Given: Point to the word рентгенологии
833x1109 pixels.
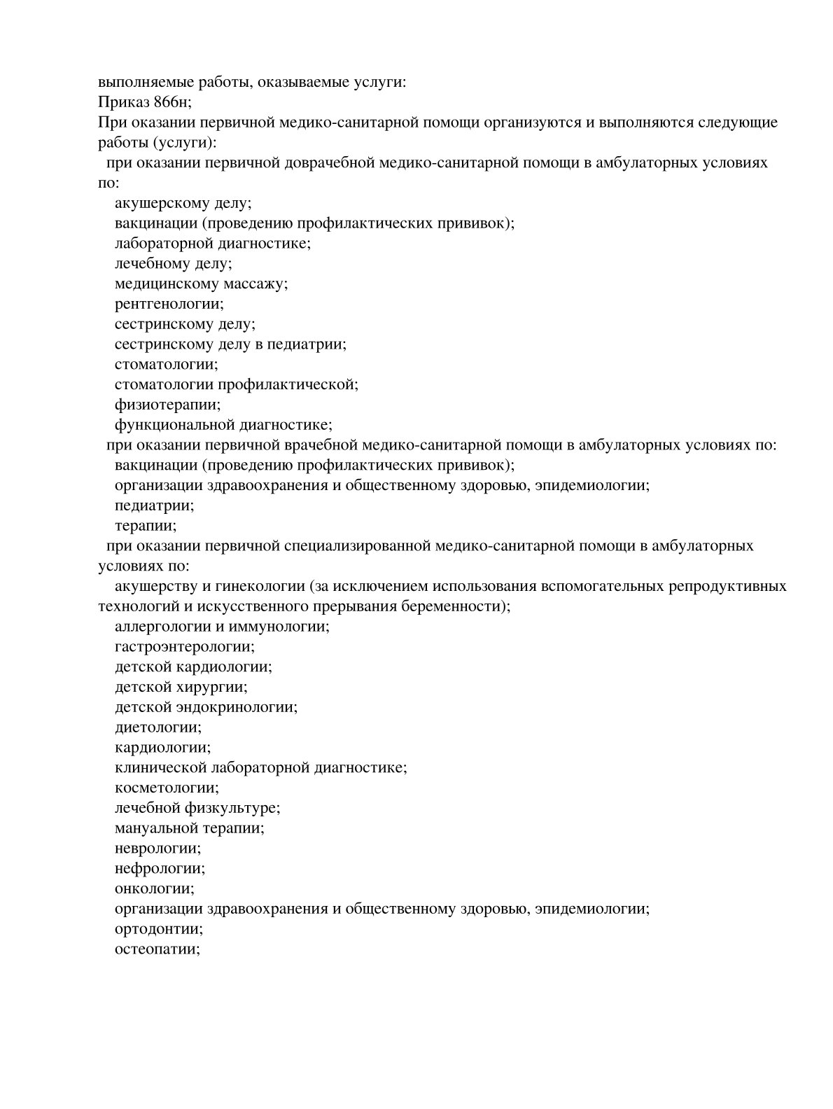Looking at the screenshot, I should (x=169, y=305).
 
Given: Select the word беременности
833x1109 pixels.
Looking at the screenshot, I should (x=454, y=606).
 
